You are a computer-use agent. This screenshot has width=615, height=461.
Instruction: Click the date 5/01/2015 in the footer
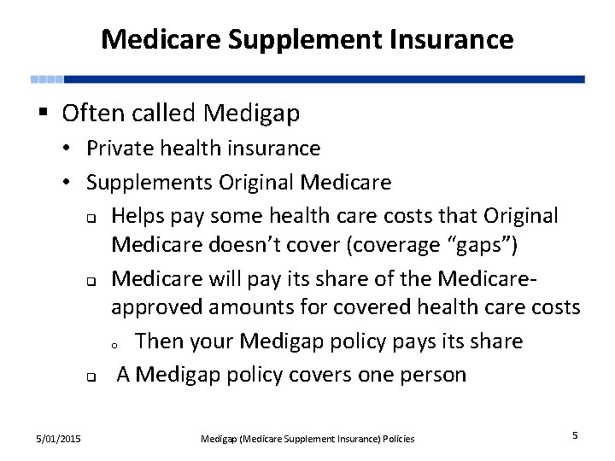(59, 438)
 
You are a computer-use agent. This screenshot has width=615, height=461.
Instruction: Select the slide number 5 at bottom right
(575, 436)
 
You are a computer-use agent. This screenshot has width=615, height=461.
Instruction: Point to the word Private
(117, 149)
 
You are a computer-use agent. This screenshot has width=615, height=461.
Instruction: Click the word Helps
(138, 216)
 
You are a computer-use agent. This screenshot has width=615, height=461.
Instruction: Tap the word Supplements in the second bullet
(149, 182)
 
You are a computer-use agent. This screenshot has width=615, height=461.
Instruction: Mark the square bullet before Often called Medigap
(42, 113)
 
